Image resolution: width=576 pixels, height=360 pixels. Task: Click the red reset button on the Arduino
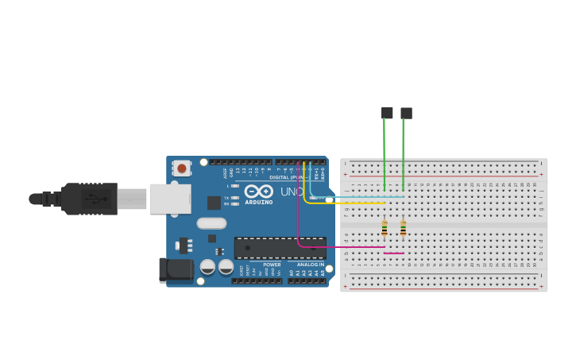click(182, 168)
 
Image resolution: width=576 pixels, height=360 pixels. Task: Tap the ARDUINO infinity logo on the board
click(259, 192)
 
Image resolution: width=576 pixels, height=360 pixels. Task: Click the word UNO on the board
click(291, 192)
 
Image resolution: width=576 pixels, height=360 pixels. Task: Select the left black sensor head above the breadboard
click(387, 113)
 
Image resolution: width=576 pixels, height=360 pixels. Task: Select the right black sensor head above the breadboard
click(406, 113)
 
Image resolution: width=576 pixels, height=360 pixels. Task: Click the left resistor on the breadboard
click(385, 229)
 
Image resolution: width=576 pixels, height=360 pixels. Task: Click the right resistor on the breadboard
click(404, 229)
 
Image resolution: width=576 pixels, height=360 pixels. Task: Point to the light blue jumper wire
click(358, 197)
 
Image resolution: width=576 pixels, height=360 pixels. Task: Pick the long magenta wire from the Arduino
click(299, 223)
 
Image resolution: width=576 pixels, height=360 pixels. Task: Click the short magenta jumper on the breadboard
click(394, 254)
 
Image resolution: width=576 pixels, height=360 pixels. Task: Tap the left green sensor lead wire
click(385, 155)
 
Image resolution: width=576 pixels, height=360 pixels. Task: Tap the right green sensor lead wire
click(404, 155)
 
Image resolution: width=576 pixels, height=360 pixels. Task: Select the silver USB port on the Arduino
click(170, 199)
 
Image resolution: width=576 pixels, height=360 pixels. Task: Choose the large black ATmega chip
click(280, 248)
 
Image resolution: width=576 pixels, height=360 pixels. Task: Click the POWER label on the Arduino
click(272, 265)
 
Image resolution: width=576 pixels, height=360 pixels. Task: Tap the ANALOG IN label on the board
click(310, 265)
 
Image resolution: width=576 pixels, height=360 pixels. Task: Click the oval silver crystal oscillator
click(211, 223)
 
